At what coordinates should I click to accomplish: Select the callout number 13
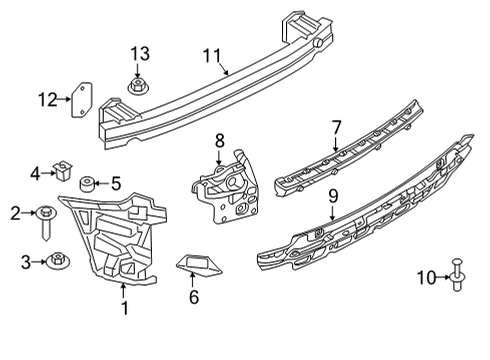coord(138,52)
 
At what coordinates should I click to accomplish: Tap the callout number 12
coord(48,98)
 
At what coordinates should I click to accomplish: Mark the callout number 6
coord(194,298)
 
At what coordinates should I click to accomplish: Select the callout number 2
coord(16,212)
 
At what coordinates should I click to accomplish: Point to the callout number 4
coord(35,173)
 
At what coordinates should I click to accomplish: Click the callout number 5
coord(115,183)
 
